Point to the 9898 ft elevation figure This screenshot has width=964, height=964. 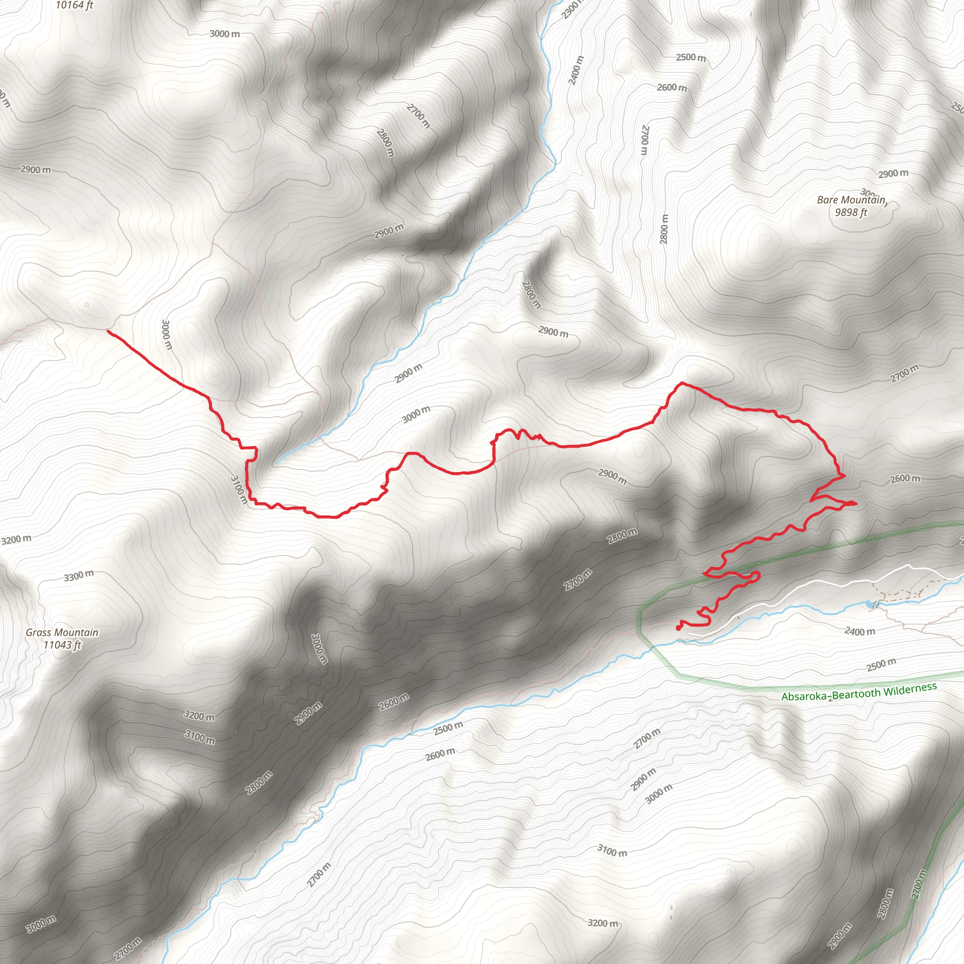(x=851, y=213)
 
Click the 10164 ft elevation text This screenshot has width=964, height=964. (x=74, y=6)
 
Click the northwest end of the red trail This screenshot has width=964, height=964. (x=108, y=331)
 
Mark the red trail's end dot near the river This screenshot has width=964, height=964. (x=678, y=628)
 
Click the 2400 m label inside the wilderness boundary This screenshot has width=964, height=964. (x=859, y=631)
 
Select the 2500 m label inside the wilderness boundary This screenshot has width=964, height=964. (x=881, y=665)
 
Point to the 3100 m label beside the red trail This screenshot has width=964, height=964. (x=239, y=490)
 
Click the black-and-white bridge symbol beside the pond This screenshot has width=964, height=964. (x=876, y=605)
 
